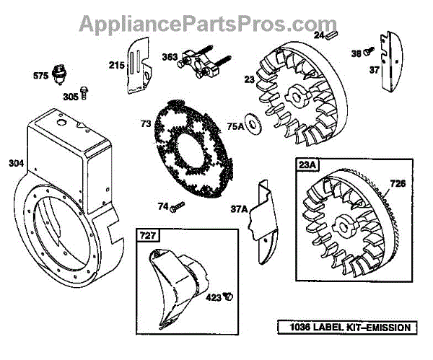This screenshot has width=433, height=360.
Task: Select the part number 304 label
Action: [15, 163]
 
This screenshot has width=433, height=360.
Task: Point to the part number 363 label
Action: [170, 57]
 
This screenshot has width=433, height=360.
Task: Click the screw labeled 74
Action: [178, 207]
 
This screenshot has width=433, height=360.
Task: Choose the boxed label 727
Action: [147, 236]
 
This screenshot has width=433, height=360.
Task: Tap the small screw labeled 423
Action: [228, 295]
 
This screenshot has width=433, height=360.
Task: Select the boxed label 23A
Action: [306, 165]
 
